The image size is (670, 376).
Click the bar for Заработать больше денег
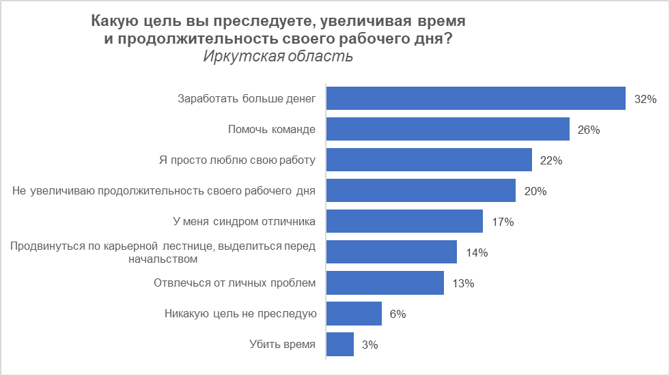[476, 98]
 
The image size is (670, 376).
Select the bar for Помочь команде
[448, 129]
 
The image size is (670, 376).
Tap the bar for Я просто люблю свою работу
[429, 160]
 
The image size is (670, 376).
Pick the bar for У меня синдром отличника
[404, 221]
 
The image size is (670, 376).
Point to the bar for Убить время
[340, 345]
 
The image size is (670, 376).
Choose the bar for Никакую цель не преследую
[354, 314]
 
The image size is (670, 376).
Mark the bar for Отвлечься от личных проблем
[385, 283]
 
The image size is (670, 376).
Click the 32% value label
[645, 99]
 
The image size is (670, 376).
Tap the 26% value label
[589, 130]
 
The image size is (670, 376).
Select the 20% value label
[535, 191]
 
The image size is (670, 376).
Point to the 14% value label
[476, 252]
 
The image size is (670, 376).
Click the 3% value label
[369, 345]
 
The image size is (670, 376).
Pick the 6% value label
[397, 314]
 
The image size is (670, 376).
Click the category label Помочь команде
[271, 130]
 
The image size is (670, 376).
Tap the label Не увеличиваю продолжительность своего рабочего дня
[164, 191]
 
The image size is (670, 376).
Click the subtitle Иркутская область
[278, 56]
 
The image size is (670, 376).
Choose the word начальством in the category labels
[163, 259]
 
